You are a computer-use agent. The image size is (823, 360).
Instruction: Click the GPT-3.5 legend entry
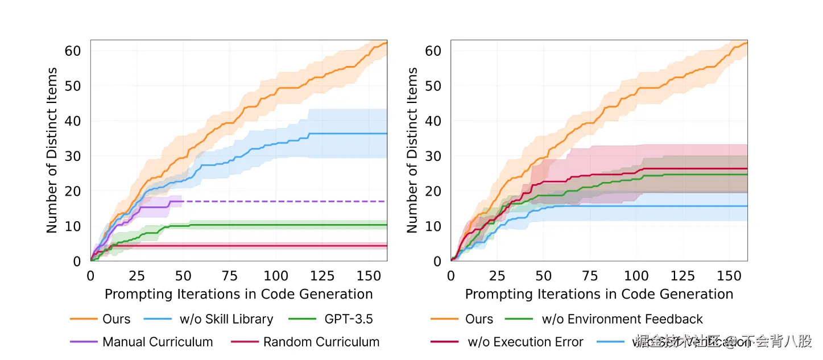[x=348, y=319]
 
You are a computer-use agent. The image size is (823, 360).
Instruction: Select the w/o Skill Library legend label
[x=226, y=319]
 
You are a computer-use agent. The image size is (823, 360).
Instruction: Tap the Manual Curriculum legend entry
[x=158, y=342]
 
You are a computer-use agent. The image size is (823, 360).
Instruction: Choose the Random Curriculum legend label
[x=321, y=342]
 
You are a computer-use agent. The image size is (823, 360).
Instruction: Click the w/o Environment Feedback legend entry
[x=622, y=319]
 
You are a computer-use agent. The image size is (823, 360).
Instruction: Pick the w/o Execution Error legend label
[x=525, y=342]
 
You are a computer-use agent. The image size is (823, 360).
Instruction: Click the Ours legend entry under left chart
[x=117, y=319]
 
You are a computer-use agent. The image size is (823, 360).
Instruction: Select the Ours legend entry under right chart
[x=479, y=319]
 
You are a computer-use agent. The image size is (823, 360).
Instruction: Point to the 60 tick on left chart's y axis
[x=73, y=51]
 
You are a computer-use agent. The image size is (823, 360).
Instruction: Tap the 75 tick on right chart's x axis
[x=590, y=276]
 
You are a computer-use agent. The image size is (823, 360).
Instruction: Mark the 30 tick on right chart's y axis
[x=433, y=156]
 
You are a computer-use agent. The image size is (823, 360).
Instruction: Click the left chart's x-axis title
[x=239, y=294]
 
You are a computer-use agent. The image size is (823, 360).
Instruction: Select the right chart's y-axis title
[x=412, y=150]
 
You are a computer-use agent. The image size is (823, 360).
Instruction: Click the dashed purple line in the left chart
[x=284, y=201]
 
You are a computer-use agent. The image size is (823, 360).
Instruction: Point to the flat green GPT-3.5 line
[x=284, y=225]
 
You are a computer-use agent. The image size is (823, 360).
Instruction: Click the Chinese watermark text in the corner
[x=722, y=341]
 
